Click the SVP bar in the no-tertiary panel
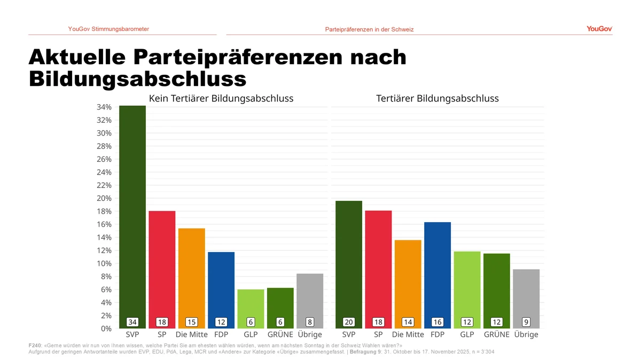coord(132,214)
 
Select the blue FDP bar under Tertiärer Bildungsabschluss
coord(437,272)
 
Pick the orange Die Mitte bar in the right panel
coord(408,280)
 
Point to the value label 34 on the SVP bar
coord(132,322)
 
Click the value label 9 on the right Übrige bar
coord(526,322)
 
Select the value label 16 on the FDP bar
coord(437,322)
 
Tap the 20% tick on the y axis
coord(104,198)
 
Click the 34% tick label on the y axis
coord(104,107)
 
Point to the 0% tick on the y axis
coord(106,328)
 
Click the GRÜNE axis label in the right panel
coord(496,335)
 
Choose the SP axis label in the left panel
coord(162,335)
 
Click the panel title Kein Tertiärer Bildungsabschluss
coord(221,99)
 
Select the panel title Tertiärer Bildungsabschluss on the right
coord(437,99)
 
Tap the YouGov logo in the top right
coord(599,29)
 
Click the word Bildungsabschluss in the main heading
coord(137,79)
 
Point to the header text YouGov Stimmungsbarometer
coord(108,29)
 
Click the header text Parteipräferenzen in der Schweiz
coord(369,29)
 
